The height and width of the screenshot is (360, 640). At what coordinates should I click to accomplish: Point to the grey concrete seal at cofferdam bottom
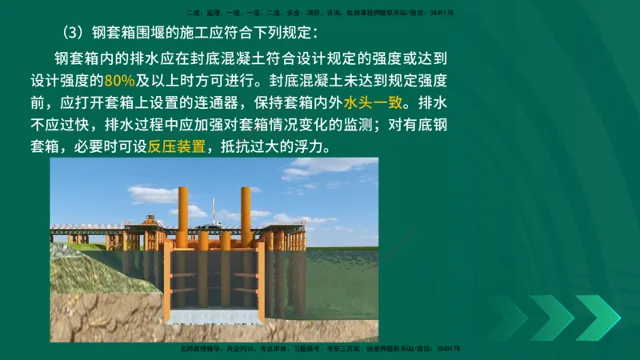214,316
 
